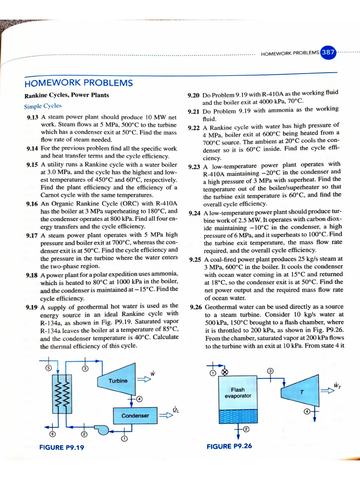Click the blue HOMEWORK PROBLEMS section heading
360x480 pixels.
(x=78, y=83)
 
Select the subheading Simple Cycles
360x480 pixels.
(x=43, y=106)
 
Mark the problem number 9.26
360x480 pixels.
(x=196, y=307)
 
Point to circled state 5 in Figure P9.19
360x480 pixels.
(x=49, y=368)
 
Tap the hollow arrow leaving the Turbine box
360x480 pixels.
(x=142, y=381)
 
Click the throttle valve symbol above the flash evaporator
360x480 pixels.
(x=224, y=373)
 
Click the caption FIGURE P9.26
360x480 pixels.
(x=229, y=446)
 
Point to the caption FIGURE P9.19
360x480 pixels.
(x=61, y=447)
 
